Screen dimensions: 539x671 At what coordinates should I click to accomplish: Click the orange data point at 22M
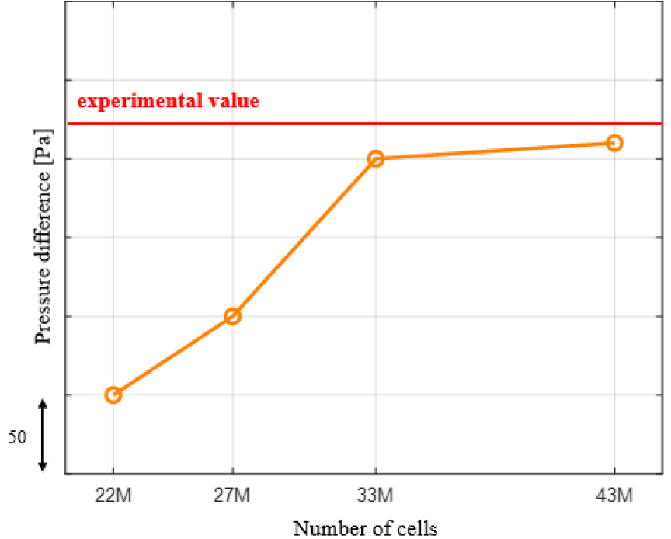click(113, 395)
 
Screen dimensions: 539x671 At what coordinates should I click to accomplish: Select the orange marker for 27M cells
click(232, 316)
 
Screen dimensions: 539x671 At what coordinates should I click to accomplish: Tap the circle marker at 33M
click(376, 158)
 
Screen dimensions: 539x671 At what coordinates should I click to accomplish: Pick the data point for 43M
click(614, 143)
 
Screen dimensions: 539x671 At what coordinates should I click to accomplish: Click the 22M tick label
click(113, 495)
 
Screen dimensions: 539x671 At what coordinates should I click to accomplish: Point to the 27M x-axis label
click(232, 495)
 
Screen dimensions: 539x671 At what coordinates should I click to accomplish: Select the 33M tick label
click(376, 495)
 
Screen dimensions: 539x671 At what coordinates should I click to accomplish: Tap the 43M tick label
click(614, 495)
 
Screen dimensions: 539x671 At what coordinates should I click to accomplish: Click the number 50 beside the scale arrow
click(18, 438)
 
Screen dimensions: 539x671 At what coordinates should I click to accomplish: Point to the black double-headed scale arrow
click(43, 435)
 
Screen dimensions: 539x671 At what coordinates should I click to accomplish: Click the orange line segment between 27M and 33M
click(304, 238)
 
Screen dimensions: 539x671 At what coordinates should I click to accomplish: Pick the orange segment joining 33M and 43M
click(495, 151)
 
